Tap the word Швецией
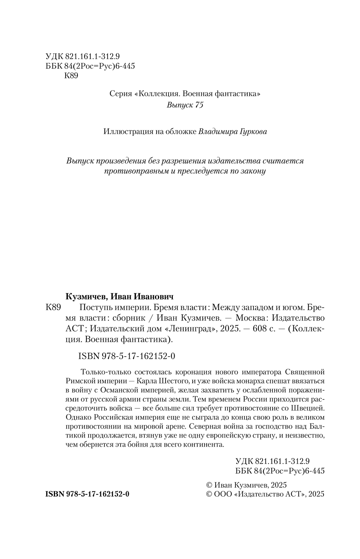point(311,408)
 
